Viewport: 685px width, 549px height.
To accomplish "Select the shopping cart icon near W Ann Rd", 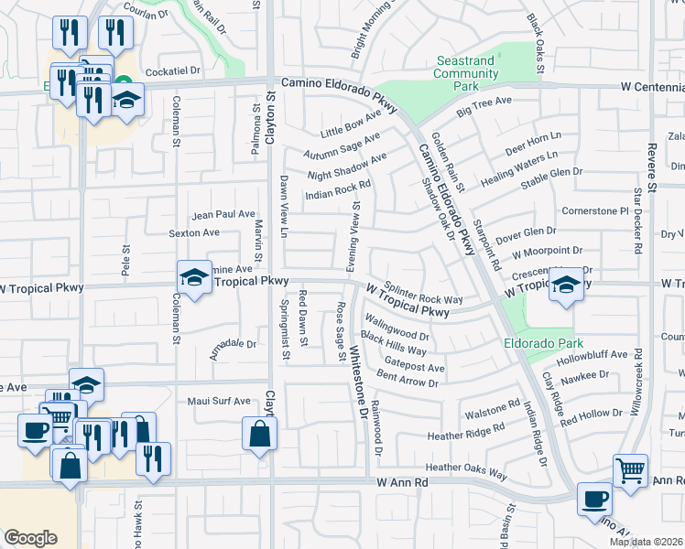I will coord(630,472).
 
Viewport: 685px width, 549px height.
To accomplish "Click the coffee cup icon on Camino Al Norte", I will coord(594,500).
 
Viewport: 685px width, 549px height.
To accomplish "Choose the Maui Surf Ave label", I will coord(219,401).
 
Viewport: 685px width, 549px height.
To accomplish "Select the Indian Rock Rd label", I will coord(338,189).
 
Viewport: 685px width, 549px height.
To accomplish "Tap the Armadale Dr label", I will coord(233,345).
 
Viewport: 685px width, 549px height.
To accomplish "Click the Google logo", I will coord(30,538).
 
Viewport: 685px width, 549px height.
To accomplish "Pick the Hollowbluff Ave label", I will coord(598,355).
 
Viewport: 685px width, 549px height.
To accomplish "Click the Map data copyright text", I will coord(647,542).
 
